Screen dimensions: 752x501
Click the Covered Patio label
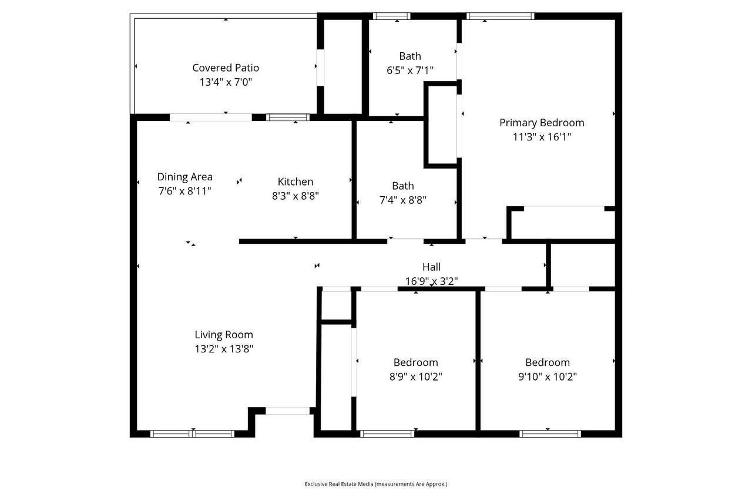click(226, 68)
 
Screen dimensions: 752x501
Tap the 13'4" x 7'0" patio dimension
click(226, 82)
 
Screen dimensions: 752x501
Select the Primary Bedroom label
click(542, 123)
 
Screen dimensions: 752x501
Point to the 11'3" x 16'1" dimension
click(542, 137)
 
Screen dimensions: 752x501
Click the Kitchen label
click(296, 181)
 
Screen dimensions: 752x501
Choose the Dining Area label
click(184, 177)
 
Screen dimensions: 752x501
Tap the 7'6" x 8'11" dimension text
click(184, 191)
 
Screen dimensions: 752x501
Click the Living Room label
click(224, 335)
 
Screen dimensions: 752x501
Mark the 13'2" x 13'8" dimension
click(224, 349)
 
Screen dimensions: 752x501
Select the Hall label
click(431, 267)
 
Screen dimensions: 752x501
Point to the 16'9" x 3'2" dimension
click(431, 281)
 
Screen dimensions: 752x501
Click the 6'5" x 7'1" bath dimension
click(410, 70)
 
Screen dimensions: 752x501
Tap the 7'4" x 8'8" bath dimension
click(403, 200)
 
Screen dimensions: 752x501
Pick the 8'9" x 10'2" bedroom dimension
click(415, 376)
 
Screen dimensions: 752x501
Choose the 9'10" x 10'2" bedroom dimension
click(548, 376)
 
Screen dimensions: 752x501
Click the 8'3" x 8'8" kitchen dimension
click(296, 196)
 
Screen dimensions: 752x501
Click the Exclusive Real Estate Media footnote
click(376, 484)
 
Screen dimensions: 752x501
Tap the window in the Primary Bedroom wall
click(500, 16)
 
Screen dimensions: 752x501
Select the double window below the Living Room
click(192, 434)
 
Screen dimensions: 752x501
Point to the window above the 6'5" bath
click(391, 16)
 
